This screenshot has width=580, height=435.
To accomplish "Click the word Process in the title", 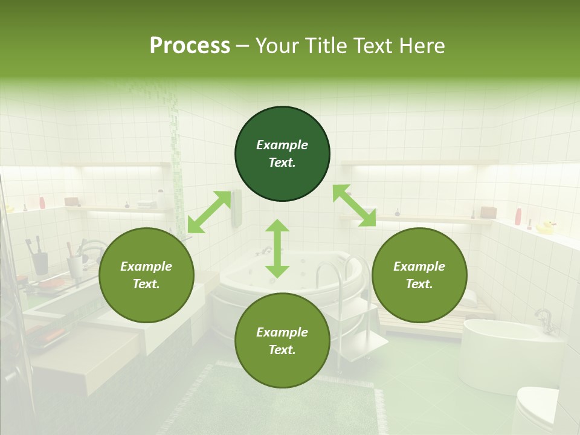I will click(x=190, y=46).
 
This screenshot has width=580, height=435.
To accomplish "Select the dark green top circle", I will click(x=282, y=154).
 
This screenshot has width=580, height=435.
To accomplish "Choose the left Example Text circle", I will click(x=146, y=275).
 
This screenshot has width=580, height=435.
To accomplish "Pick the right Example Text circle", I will click(x=419, y=275).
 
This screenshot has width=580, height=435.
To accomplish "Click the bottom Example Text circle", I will click(x=282, y=341).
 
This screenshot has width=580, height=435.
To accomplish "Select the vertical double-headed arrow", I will click(x=277, y=248).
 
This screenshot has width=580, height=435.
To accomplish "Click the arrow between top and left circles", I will click(x=209, y=211).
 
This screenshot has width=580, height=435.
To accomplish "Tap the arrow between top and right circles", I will click(x=354, y=206).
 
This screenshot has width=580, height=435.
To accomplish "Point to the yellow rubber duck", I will click(x=546, y=227).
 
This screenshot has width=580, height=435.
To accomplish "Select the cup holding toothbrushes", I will click(x=40, y=263).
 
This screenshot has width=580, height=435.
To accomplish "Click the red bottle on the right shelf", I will click(x=518, y=216).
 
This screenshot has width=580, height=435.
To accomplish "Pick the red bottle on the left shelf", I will click(x=42, y=202).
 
